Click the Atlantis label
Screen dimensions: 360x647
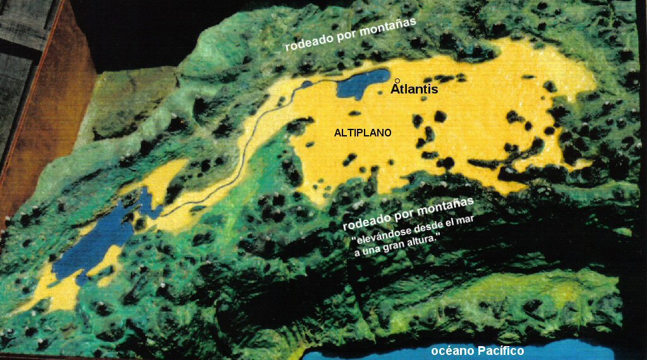(414, 90)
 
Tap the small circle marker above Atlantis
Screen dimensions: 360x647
(397, 81)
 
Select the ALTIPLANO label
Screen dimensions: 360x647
(363, 133)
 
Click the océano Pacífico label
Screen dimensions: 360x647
(478, 351)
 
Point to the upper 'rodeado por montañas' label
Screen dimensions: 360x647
(350, 35)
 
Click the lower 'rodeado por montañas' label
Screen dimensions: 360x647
(408, 215)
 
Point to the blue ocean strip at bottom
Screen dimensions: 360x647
(569, 349)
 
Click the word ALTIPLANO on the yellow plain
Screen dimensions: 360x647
(363, 133)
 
